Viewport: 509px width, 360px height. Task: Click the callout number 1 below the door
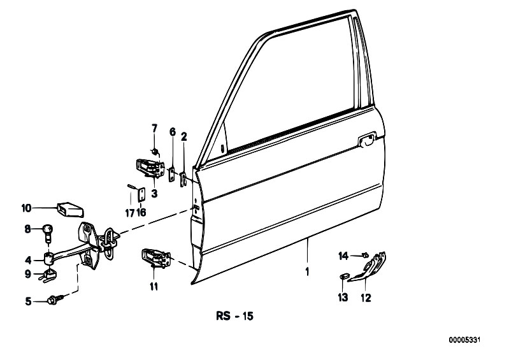pos(307,271)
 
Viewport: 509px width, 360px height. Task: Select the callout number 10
pos(26,208)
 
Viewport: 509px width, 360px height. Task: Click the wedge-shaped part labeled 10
pos(71,210)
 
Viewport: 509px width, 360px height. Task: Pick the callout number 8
pos(28,229)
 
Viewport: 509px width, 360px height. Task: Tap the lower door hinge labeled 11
pos(156,257)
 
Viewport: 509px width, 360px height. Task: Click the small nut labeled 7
pos(155,151)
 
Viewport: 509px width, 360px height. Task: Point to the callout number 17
pos(130,213)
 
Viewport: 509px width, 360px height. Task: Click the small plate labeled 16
pos(141,195)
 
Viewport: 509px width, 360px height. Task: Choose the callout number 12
pos(366,298)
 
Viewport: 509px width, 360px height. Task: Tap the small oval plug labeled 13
pos(344,277)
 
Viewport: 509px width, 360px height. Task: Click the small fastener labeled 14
pos(366,255)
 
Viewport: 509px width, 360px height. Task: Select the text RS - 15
pos(234,316)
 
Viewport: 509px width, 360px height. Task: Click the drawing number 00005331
pos(464,340)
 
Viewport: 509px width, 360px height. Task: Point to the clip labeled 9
pos(48,275)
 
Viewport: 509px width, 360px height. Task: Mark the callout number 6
pos(173,132)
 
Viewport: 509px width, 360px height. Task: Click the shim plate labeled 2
pos(183,180)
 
